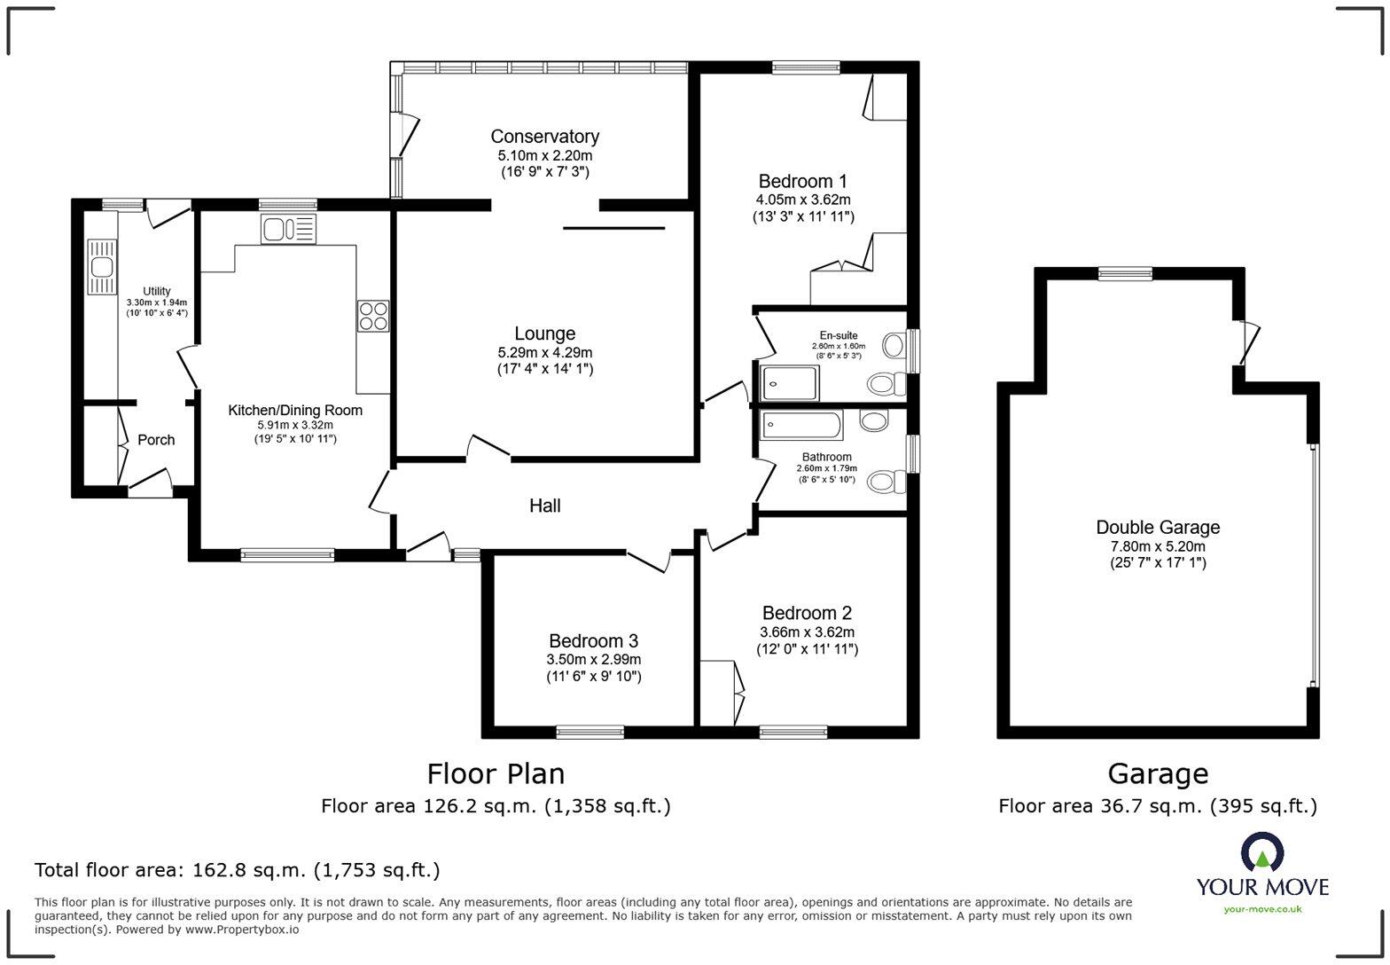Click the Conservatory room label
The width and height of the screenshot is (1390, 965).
click(544, 137)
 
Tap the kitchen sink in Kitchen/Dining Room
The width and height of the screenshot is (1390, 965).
click(288, 230)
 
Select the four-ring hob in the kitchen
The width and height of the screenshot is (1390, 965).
click(373, 317)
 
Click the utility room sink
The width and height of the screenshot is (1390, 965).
click(101, 266)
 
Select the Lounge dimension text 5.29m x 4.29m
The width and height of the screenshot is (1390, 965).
click(544, 352)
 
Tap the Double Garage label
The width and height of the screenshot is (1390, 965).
click(1158, 527)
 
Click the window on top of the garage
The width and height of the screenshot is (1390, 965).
click(1125, 274)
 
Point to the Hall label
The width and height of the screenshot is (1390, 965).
click(544, 506)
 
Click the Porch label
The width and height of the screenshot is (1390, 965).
click(156, 440)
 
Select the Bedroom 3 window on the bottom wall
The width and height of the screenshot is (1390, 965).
click(590, 732)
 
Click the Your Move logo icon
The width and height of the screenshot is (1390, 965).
click(1262, 852)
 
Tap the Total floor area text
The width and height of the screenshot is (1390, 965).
click(237, 870)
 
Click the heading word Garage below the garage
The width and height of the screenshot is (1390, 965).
click(1158, 774)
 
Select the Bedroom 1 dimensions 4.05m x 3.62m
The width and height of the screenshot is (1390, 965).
click(803, 200)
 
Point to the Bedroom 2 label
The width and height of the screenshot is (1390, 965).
click(807, 613)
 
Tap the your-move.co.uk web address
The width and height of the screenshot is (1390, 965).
click(1262, 908)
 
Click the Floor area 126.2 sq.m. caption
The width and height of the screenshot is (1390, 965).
click(496, 806)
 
